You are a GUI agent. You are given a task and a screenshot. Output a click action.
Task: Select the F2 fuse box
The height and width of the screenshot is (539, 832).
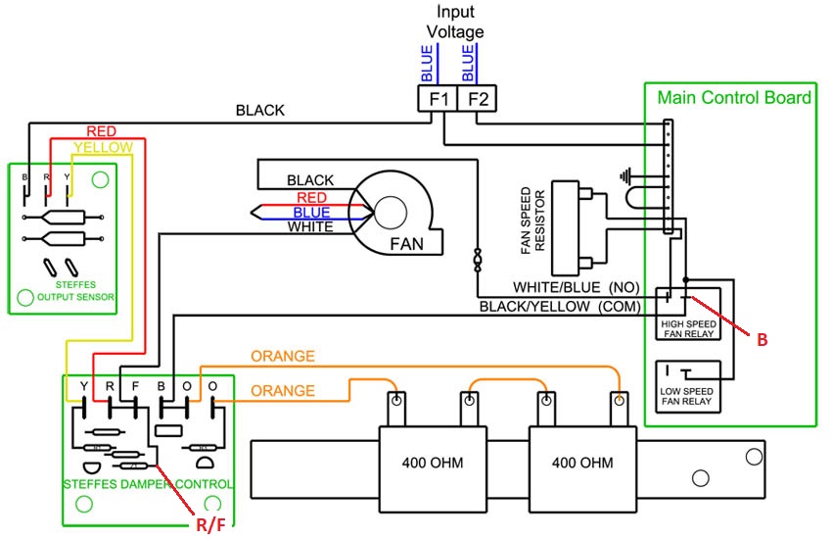[x=478, y=99]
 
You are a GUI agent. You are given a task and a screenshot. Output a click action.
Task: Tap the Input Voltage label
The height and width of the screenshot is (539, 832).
[x=455, y=23]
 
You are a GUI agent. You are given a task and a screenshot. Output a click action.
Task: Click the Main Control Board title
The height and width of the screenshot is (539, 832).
[x=734, y=98]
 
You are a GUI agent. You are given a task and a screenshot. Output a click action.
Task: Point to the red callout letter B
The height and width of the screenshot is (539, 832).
[x=761, y=339]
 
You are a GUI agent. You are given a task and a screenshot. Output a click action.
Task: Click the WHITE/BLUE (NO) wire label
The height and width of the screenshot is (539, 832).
[x=576, y=288]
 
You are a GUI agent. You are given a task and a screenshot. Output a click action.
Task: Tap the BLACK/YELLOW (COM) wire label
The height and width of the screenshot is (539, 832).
[x=560, y=307]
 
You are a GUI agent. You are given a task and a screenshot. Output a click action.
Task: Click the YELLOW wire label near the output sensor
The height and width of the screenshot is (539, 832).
[x=103, y=147]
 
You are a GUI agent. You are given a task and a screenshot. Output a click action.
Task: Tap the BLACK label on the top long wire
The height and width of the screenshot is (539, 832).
[x=259, y=111]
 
